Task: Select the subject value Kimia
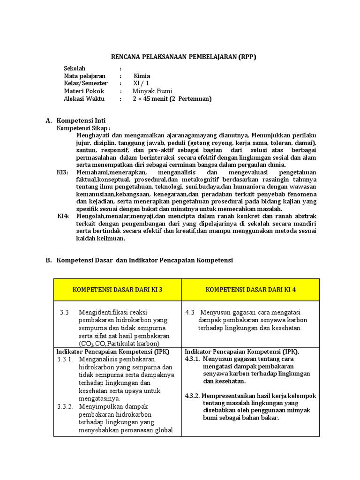(142, 75)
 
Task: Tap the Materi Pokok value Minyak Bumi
(152, 91)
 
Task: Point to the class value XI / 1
(140, 83)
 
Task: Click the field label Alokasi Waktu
(84, 99)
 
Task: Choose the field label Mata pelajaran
(84, 75)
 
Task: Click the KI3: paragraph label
(63, 172)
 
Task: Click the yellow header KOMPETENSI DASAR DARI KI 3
(117, 289)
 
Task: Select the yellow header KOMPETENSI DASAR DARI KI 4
(251, 289)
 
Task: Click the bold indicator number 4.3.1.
(193, 359)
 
